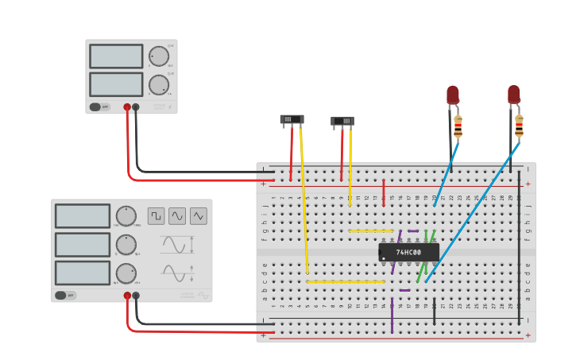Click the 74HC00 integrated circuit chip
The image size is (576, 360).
(x=408, y=252)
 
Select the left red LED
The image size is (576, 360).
(x=452, y=95)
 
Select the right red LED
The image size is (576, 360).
(x=514, y=94)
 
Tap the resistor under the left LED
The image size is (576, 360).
(x=458, y=126)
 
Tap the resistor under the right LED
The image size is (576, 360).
(x=519, y=126)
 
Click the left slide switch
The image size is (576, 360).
(x=292, y=119)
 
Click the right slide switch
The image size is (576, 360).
(x=342, y=122)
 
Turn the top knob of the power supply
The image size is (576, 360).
(x=159, y=56)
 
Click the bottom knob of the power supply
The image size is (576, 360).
(x=159, y=85)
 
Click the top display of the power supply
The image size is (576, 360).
(x=116, y=56)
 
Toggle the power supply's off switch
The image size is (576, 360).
(x=95, y=106)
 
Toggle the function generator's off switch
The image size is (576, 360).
(x=60, y=295)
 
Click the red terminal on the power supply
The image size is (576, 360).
(x=127, y=106)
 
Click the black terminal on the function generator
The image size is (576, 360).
(x=136, y=296)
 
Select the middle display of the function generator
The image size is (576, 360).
(x=83, y=244)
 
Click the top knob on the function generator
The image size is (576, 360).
(x=126, y=215)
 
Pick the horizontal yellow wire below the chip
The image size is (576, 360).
(x=346, y=281)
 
